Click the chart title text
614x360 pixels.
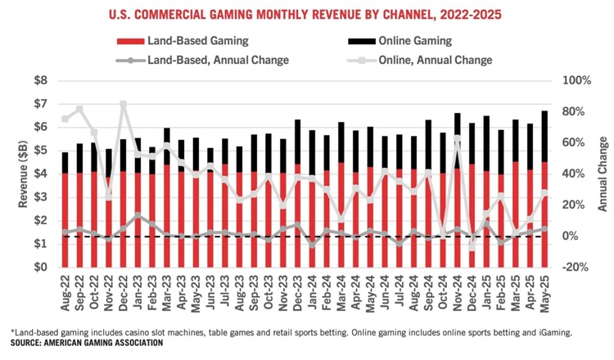307,13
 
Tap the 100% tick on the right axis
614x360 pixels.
573,81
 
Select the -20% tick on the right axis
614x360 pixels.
573,268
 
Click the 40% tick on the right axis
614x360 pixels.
571,174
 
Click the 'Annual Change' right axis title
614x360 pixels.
601,173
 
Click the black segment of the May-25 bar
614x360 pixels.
544,136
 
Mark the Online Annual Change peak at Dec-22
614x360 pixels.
123,104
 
